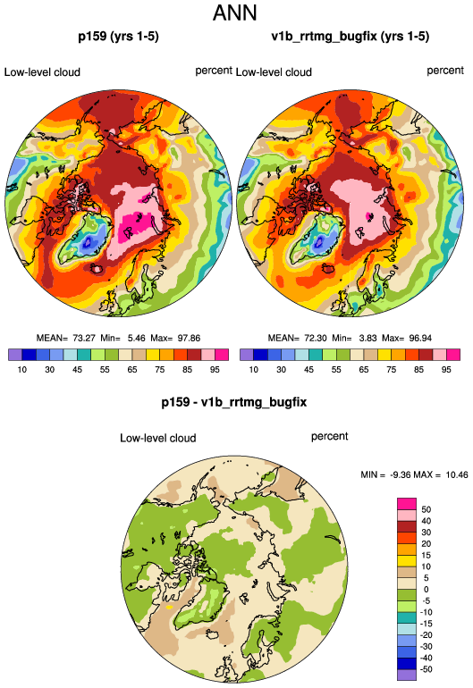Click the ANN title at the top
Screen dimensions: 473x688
(x=234, y=13)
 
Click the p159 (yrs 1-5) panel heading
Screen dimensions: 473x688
(x=118, y=36)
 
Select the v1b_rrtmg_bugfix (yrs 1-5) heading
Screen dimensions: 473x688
(x=350, y=36)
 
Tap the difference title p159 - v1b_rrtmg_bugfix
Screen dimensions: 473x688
(x=234, y=402)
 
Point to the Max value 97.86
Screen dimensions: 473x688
(x=189, y=339)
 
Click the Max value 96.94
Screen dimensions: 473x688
(x=420, y=339)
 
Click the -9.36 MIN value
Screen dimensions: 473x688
(x=400, y=474)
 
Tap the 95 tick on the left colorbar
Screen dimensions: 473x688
(x=215, y=369)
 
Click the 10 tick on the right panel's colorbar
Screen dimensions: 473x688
(x=253, y=369)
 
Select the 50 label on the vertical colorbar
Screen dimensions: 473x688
(x=426, y=509)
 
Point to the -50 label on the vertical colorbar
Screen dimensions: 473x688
(x=425, y=669)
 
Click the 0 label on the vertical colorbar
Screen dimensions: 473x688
(x=426, y=590)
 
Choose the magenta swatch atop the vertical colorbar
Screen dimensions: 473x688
(x=407, y=504)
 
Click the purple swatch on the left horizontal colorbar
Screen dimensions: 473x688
(x=15, y=355)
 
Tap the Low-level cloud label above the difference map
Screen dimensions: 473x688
(x=158, y=438)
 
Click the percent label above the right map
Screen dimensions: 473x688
(x=445, y=71)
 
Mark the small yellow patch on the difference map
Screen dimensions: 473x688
(x=170, y=608)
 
